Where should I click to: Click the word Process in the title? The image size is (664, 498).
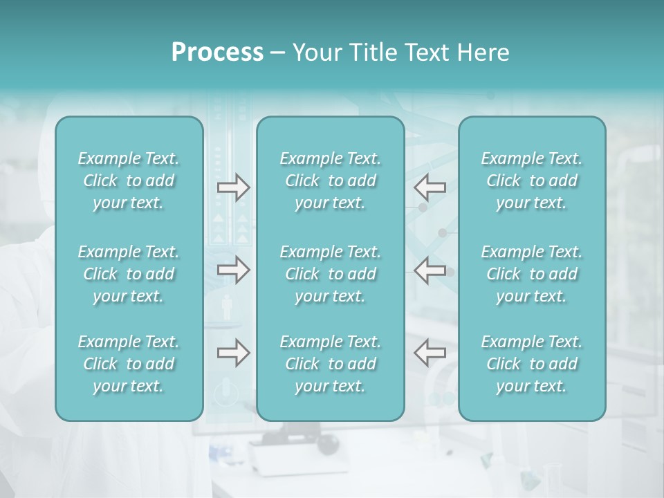[x=217, y=53]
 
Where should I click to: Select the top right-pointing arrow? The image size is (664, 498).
[x=233, y=187]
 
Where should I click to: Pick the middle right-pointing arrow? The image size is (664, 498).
[x=233, y=270]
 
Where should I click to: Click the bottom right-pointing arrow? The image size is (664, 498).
[x=233, y=353]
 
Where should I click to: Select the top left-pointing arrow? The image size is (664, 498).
[x=430, y=187]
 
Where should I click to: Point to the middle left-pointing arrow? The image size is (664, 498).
[x=430, y=270]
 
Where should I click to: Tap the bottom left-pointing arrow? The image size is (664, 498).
[x=430, y=353]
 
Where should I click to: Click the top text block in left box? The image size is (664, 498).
[x=129, y=181]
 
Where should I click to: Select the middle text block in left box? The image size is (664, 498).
[x=129, y=274]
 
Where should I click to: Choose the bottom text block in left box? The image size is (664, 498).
[x=129, y=364]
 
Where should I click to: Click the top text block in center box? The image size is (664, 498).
[x=330, y=181]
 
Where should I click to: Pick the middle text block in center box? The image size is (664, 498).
[x=330, y=274]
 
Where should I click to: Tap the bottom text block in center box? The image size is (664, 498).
[x=330, y=364]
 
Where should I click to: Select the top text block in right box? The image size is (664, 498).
[x=531, y=181]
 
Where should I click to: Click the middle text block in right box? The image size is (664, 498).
[x=531, y=274]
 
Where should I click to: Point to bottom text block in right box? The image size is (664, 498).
[x=531, y=364]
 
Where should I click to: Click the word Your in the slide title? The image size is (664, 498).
[x=317, y=53]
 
